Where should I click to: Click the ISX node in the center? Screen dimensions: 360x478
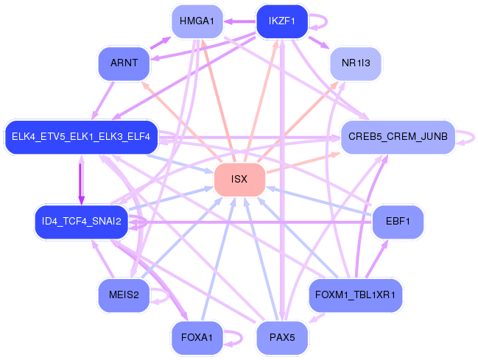(x=239, y=180)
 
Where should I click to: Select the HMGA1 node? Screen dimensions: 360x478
(x=197, y=21)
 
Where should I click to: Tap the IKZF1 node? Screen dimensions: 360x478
(x=281, y=21)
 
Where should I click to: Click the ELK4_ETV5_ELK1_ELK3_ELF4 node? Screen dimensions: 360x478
(x=81, y=137)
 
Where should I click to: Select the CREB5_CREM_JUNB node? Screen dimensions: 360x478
(x=397, y=137)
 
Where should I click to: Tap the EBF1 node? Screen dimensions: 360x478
(x=397, y=221)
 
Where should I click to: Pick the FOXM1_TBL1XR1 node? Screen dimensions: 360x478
(x=356, y=295)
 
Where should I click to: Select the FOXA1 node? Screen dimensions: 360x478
(x=197, y=338)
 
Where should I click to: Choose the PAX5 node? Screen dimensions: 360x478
(x=281, y=338)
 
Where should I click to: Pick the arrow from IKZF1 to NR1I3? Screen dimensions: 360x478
(x=318, y=43)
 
